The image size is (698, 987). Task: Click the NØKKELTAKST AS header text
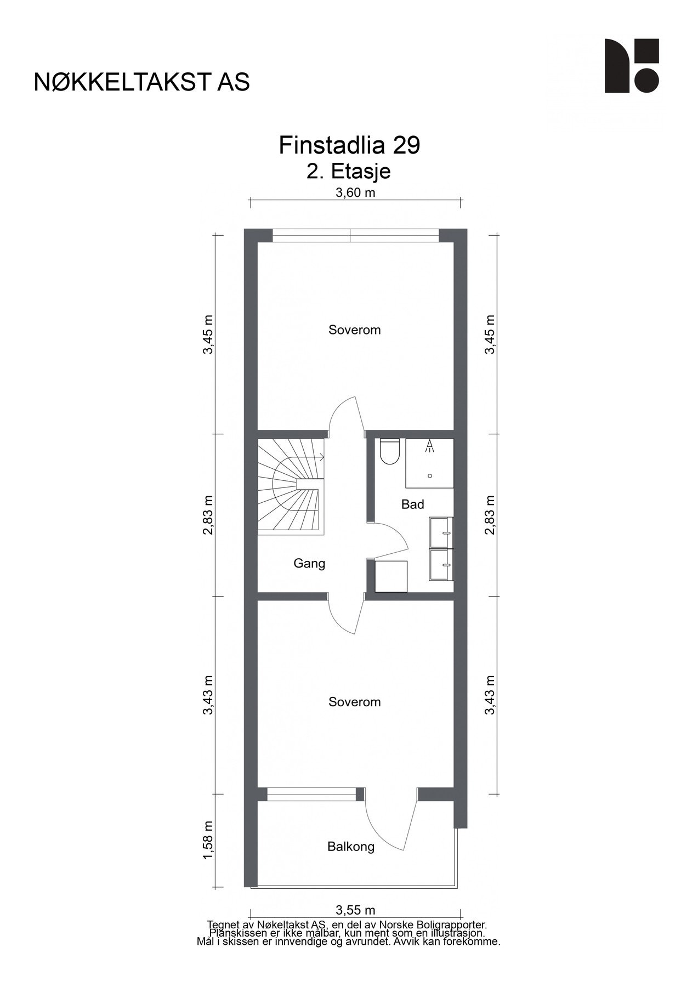pos(141,82)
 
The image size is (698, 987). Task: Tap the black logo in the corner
pos(631,66)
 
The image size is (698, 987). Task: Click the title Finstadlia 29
pos(349,146)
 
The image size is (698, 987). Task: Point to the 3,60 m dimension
pos(355,193)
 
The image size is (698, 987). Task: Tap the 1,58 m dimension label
pos(208,841)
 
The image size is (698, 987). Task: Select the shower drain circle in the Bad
pos(430,475)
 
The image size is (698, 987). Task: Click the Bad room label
pos(412,504)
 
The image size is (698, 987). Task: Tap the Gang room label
pos(309,563)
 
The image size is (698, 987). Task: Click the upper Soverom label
pos(354,330)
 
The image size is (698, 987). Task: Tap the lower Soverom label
pos(354,702)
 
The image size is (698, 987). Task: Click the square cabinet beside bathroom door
pos(391,576)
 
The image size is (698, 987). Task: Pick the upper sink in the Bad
pos(441,531)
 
